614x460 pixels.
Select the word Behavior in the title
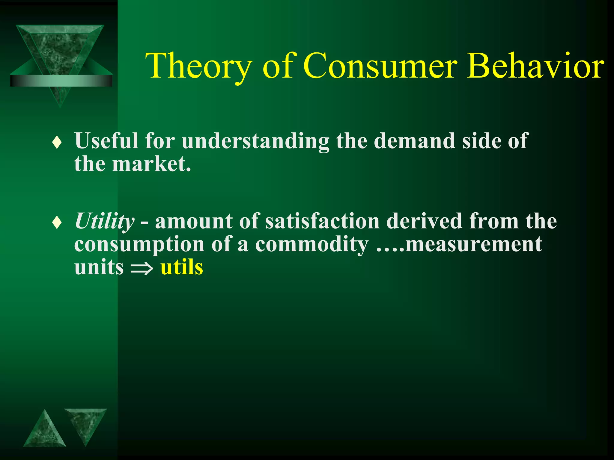(535, 66)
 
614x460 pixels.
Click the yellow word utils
(182, 267)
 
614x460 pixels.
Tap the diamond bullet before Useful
(57, 143)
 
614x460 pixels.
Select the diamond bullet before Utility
(57, 223)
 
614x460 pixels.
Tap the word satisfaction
(322, 221)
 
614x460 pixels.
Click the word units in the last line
(99, 267)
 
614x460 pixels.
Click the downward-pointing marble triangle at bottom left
(85, 422)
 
